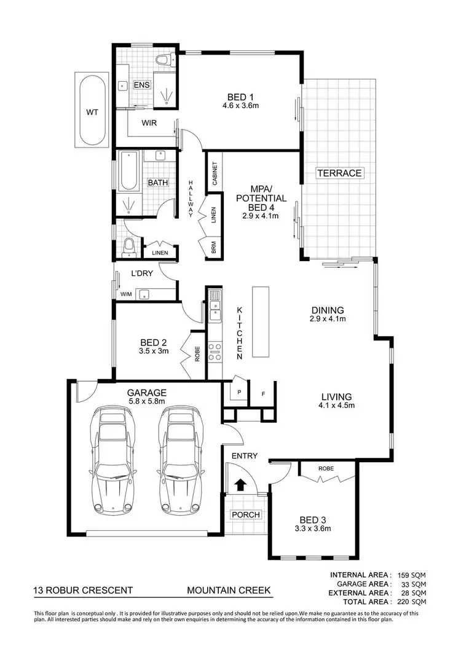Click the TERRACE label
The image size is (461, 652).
(339, 173)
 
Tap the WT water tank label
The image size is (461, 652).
(92, 112)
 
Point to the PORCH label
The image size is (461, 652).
(246, 514)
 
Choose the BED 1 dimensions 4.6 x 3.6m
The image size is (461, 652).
(240, 106)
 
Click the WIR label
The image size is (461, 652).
(149, 123)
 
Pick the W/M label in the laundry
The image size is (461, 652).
(126, 294)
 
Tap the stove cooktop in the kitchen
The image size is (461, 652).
(215, 352)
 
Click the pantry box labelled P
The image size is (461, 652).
(238, 391)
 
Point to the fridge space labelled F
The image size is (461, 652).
(262, 392)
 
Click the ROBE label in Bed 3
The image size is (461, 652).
(326, 468)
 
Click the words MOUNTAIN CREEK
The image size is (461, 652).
(229, 591)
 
